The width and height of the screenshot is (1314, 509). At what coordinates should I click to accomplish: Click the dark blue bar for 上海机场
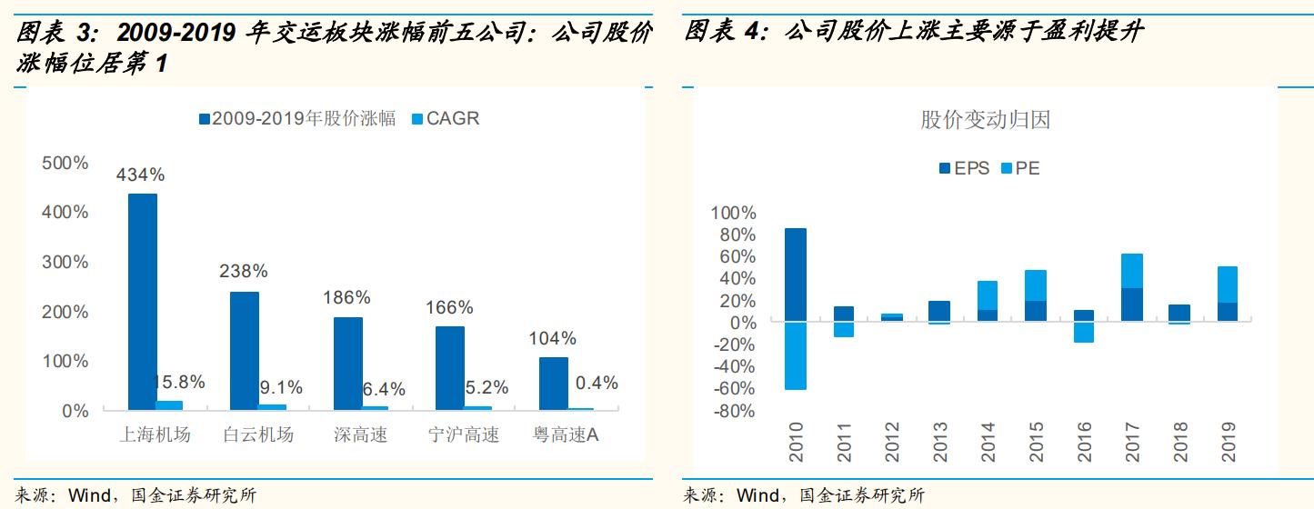point(143,302)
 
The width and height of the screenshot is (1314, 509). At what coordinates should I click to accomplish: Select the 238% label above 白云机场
point(244,271)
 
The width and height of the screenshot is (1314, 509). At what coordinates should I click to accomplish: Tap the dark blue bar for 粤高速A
point(553,383)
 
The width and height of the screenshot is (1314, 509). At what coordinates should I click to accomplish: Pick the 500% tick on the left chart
point(66,164)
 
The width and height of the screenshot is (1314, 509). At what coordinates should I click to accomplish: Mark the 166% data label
point(449,307)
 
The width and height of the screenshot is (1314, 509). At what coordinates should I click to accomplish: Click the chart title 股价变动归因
point(986,120)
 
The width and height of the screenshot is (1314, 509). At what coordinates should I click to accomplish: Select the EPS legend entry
point(963,168)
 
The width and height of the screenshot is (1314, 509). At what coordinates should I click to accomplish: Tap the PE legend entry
point(1019,168)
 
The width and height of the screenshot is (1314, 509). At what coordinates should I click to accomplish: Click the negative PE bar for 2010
point(796,355)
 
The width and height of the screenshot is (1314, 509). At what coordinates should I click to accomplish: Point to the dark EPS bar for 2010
point(796,274)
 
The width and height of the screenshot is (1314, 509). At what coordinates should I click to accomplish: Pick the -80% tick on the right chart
point(733,411)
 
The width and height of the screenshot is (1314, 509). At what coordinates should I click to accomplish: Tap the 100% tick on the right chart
point(733,213)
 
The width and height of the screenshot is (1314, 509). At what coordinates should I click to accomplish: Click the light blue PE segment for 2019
point(1227,284)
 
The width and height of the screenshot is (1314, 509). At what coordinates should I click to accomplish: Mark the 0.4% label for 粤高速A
point(597,383)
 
